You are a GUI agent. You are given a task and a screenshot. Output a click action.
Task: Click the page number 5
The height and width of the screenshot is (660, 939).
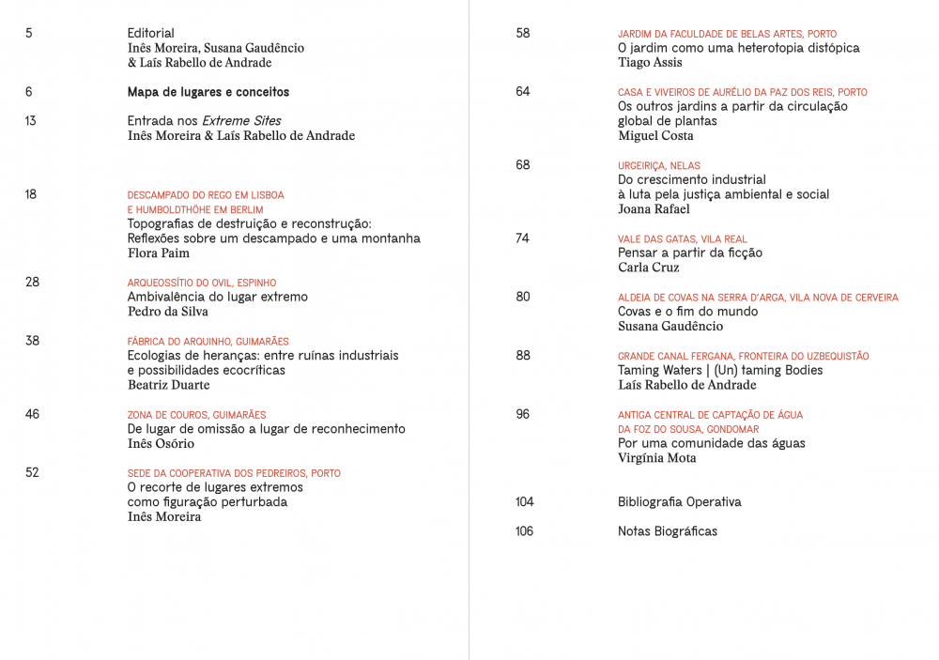[x=29, y=33]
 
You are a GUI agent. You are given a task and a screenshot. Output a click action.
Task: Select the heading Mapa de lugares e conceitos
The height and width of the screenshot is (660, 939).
[x=208, y=92]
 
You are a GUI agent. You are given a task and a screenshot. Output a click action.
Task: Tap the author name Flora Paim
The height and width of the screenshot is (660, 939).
[x=159, y=253]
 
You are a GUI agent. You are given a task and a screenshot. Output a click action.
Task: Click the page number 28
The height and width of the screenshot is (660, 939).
[x=32, y=282]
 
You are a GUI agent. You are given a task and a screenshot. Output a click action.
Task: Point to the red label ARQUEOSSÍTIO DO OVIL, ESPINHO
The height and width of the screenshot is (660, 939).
[x=201, y=283]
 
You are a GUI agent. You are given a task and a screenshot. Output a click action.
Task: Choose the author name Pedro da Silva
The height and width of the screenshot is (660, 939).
[x=168, y=311]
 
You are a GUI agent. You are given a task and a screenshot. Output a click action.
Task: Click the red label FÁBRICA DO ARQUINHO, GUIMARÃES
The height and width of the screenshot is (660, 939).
[x=208, y=342]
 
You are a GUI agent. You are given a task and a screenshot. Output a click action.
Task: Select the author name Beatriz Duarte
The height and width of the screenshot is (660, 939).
[x=169, y=385]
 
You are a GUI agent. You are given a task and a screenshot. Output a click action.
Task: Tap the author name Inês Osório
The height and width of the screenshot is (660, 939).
[x=161, y=443]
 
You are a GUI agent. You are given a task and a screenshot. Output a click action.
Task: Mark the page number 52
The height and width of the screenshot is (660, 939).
[x=32, y=472]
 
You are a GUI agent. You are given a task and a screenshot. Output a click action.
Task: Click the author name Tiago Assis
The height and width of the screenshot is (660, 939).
[x=650, y=62]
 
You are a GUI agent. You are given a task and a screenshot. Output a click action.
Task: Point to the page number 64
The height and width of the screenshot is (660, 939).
[x=523, y=91]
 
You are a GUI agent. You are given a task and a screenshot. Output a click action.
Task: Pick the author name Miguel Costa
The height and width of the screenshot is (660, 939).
[x=655, y=135]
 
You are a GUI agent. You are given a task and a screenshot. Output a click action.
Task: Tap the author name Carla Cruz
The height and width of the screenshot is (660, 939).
[x=648, y=268]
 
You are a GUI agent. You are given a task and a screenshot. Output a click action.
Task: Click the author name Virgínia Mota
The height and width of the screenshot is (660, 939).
[x=656, y=458]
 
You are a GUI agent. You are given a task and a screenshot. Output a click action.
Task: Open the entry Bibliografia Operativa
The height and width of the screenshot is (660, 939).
[x=679, y=502]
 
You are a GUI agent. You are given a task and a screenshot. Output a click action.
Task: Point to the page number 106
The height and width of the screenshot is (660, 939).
[x=524, y=531]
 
